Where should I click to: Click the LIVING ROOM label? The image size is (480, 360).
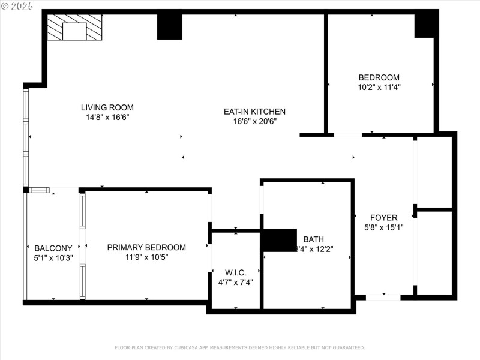pyautogui.click(x=107, y=107)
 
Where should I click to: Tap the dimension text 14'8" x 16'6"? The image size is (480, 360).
pyautogui.click(x=107, y=118)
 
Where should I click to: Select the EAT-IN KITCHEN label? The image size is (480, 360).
pyautogui.click(x=254, y=111)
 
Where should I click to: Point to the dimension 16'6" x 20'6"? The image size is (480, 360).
pyautogui.click(x=254, y=121)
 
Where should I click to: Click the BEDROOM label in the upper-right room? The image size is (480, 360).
pyautogui.click(x=379, y=77)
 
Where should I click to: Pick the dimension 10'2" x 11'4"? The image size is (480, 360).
pyautogui.click(x=379, y=87)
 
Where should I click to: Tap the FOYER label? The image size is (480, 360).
pyautogui.click(x=383, y=217)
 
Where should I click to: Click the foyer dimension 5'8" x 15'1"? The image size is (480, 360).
pyautogui.click(x=383, y=227)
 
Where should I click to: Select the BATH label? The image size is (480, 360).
pyautogui.click(x=313, y=239)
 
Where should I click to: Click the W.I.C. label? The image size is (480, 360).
pyautogui.click(x=235, y=272)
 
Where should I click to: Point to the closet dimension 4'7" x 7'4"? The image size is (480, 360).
pyautogui.click(x=235, y=282)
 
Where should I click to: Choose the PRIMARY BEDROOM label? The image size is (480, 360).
pyautogui.click(x=146, y=247)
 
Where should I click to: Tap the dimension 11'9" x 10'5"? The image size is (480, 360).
pyautogui.click(x=146, y=257)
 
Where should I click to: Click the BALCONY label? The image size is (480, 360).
pyautogui.click(x=53, y=248)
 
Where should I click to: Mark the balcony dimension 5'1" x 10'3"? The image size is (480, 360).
pyautogui.click(x=53, y=258)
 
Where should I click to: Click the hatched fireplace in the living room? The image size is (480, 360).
pyautogui.click(x=74, y=28)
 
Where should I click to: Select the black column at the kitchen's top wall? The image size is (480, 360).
pyautogui.click(x=169, y=27)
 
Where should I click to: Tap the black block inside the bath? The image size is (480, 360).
pyautogui.click(x=280, y=239)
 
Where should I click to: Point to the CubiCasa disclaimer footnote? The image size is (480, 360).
pyautogui.click(x=239, y=347)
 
